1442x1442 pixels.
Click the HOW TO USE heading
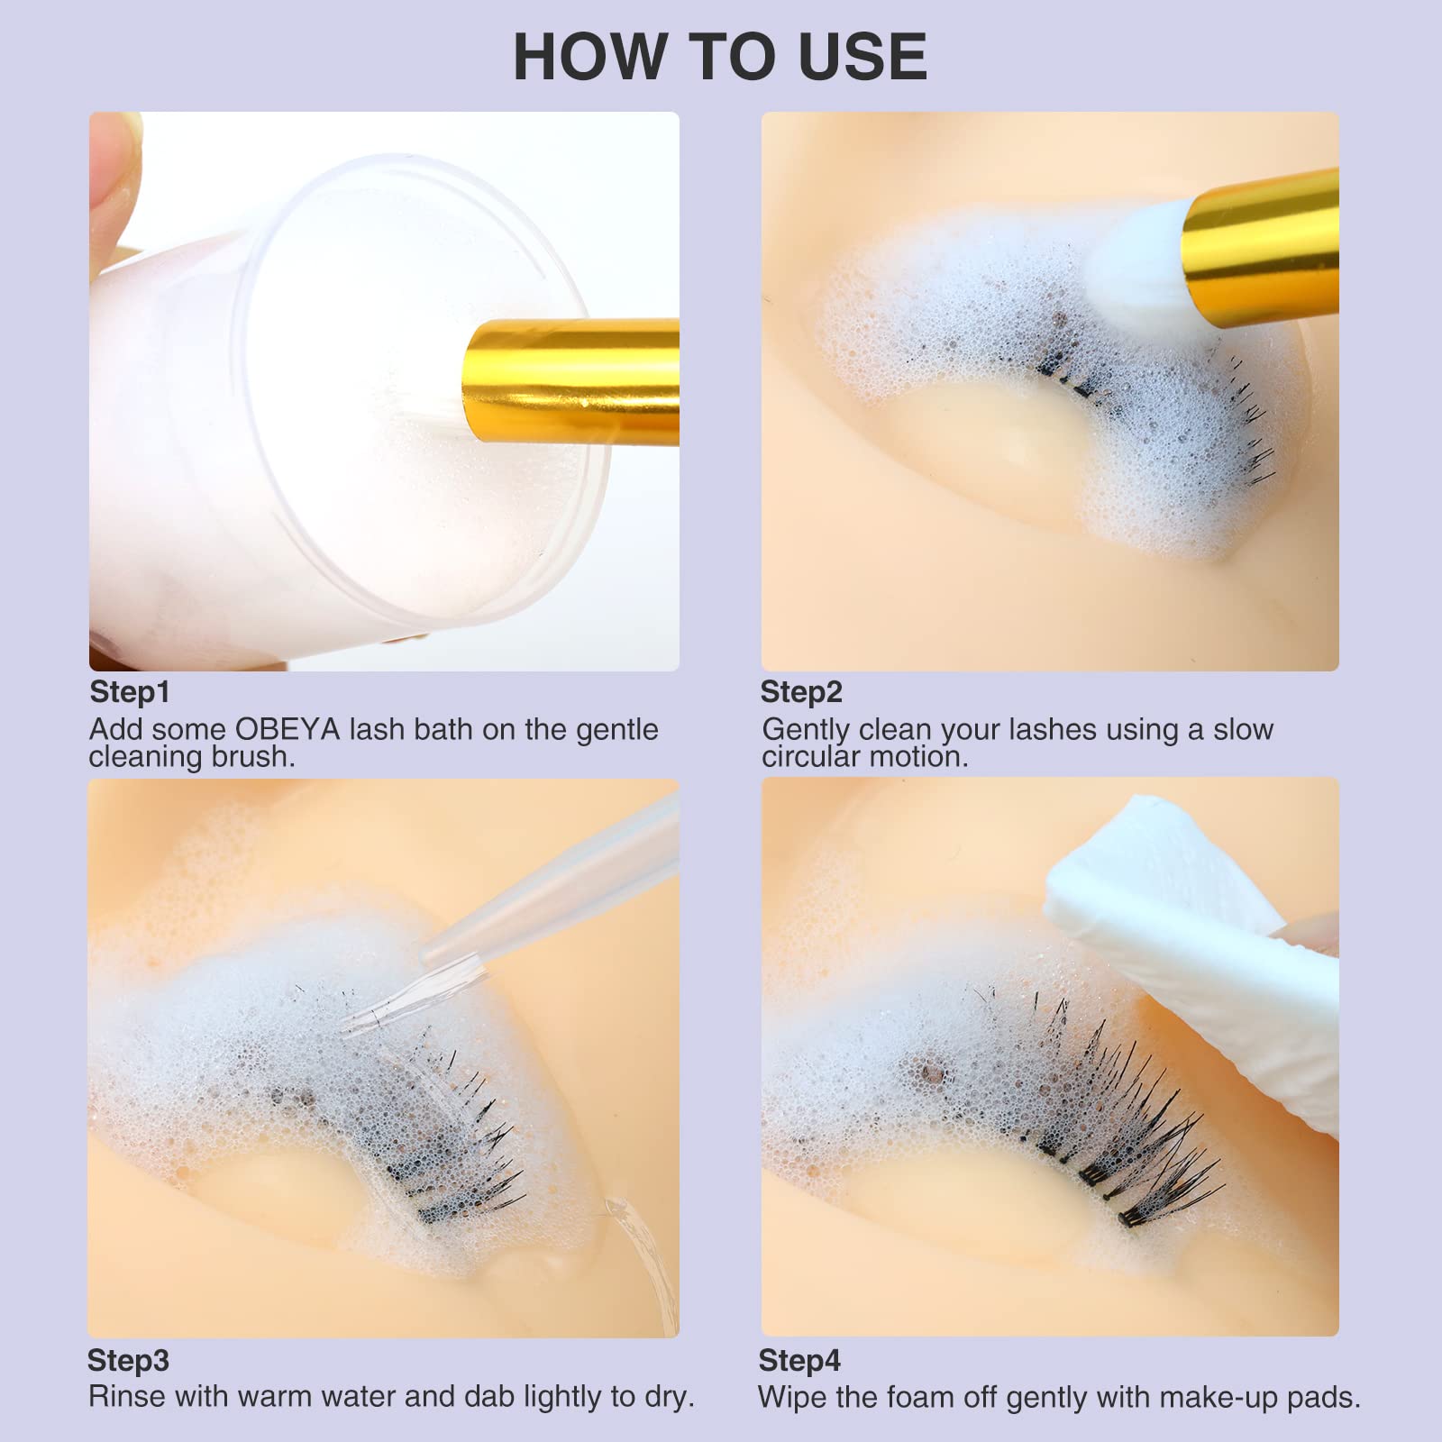(x=720, y=57)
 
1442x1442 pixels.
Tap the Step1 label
(x=130, y=692)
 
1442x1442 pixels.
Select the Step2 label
(x=801, y=692)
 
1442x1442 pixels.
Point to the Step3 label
(x=128, y=1361)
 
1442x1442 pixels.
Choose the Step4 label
(x=799, y=1361)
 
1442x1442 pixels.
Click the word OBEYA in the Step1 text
(x=287, y=729)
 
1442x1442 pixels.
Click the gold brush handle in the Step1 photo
(x=571, y=381)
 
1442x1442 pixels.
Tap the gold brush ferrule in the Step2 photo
(x=1262, y=237)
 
